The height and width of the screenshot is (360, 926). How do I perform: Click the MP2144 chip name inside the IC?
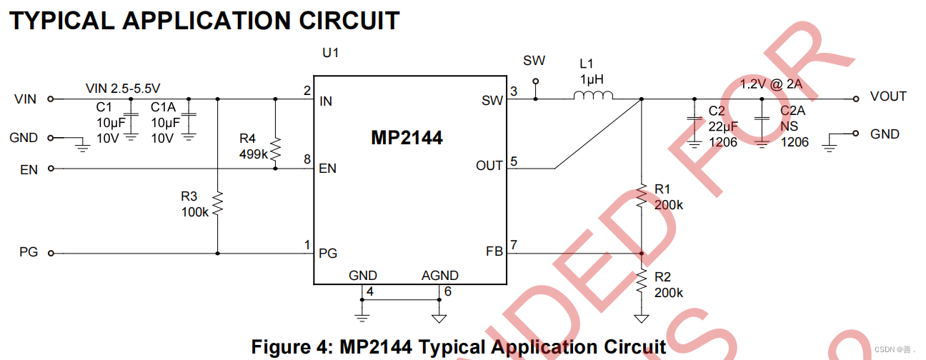pyautogui.click(x=407, y=138)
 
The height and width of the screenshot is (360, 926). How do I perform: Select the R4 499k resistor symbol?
pyautogui.click(x=275, y=151)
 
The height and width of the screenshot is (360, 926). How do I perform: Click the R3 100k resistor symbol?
pyautogui.click(x=218, y=204)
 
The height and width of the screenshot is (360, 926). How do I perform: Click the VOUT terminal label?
pyautogui.click(x=888, y=96)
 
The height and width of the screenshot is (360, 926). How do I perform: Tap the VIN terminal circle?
pyautogui.click(x=51, y=99)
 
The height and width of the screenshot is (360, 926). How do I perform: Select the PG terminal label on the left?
pyautogui.click(x=28, y=252)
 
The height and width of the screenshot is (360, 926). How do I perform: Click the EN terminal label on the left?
pyautogui.click(x=28, y=169)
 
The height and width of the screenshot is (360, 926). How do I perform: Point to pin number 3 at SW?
pyautogui.click(x=514, y=91)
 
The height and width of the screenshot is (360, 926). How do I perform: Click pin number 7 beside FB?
pyautogui.click(x=514, y=245)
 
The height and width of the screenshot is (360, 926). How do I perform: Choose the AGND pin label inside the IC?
pyautogui.click(x=440, y=276)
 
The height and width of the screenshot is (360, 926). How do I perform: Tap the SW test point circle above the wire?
pyautogui.click(x=534, y=82)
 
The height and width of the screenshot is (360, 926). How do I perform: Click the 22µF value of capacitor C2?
pyautogui.click(x=722, y=126)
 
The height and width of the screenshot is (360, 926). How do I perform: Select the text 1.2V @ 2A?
pyautogui.click(x=771, y=84)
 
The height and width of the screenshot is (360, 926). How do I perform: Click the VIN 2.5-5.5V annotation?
pyautogui.click(x=123, y=89)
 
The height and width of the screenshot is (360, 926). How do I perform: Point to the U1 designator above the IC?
pyautogui.click(x=330, y=53)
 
